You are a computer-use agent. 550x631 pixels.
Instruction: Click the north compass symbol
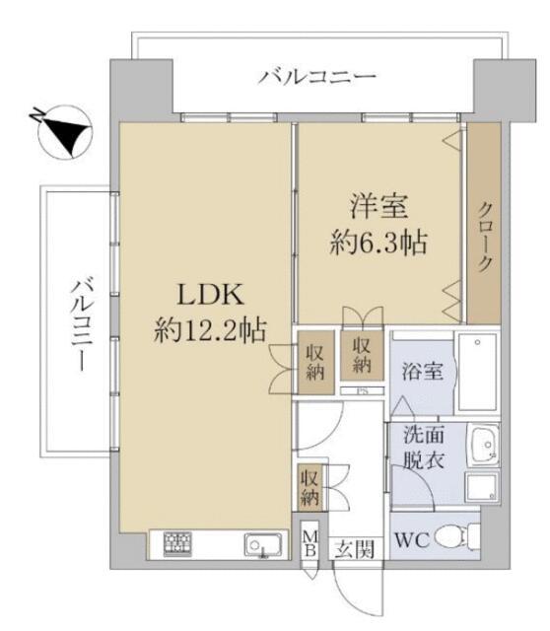click(61, 132)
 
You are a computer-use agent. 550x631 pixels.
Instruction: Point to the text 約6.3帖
click(378, 243)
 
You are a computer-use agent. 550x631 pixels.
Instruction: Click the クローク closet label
click(485, 237)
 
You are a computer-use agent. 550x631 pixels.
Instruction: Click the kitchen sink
click(260, 545)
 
